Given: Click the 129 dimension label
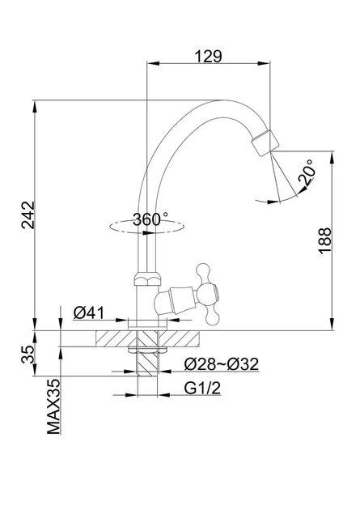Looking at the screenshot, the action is pyautogui.click(x=208, y=56).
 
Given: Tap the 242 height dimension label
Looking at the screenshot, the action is pyautogui.click(x=28, y=215).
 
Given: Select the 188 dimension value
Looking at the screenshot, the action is pyautogui.click(x=325, y=240).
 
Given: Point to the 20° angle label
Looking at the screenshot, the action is pyautogui.click(x=307, y=172).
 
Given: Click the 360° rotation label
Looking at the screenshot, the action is pyautogui.click(x=150, y=219).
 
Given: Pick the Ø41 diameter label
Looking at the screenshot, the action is pyautogui.click(x=89, y=313).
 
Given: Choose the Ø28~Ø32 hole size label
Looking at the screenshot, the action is pyautogui.click(x=222, y=364).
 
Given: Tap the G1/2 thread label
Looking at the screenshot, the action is pyautogui.click(x=202, y=388).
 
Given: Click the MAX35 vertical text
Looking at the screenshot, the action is pyautogui.click(x=53, y=406).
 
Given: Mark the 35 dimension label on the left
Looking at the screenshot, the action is pyautogui.click(x=28, y=355).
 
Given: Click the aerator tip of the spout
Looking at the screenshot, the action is pyautogui.click(x=265, y=142).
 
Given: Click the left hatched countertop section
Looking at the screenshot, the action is pyautogui.click(x=116, y=338).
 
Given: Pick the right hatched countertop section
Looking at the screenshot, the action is pyautogui.click(x=179, y=338).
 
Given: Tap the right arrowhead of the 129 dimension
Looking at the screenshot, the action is pyautogui.click(x=264, y=63).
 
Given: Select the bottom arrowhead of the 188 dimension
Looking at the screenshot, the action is pyautogui.click(x=332, y=325).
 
